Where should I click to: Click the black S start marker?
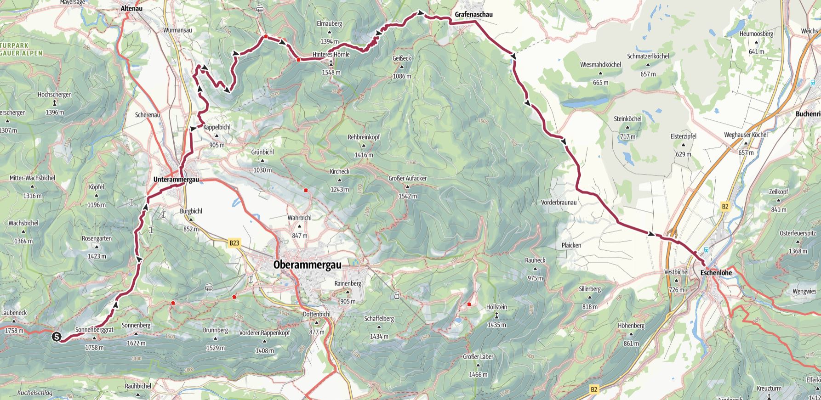coord(56,337)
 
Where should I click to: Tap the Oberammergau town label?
coord(308,265)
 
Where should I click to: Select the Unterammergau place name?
coord(176,180)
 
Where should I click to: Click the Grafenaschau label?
coord(473,15)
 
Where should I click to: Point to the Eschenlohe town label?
coord(716,273)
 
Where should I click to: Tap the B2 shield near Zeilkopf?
coord(725,207)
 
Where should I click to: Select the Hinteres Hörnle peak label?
coord(331,54)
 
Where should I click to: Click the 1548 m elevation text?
coord(331,72)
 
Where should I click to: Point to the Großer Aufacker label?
coord(407,178)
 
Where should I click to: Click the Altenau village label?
coord(131,8)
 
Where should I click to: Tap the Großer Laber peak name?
coord(478,356)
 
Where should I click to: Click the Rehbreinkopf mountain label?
coord(364,137)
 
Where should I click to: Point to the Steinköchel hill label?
coord(627,118)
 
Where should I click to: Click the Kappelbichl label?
coord(217,127)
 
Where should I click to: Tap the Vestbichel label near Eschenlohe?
coord(676,272)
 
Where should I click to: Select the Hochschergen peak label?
coord(55,95)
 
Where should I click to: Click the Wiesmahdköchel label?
coord(600,65)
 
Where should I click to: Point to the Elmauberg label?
coord(330,24)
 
